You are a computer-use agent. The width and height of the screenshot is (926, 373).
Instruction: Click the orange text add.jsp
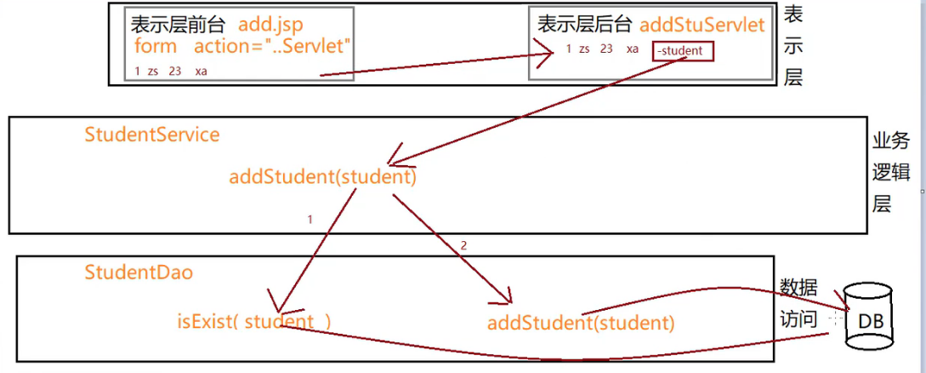click(270, 26)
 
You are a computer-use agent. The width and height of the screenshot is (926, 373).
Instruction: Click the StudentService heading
click(152, 135)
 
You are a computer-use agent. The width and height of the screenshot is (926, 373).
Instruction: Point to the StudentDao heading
click(139, 273)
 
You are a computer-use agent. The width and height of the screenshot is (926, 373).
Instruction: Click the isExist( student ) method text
click(254, 322)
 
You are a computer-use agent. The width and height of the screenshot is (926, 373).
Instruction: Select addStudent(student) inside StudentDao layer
click(581, 324)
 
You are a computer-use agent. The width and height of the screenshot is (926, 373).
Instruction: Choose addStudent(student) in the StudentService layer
click(323, 177)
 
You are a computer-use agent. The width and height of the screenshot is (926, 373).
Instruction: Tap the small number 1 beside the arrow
click(310, 220)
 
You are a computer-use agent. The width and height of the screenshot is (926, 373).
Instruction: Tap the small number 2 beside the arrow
click(463, 245)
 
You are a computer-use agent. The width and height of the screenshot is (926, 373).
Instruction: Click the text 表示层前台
click(179, 26)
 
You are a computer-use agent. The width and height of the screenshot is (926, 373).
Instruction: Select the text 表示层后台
click(585, 26)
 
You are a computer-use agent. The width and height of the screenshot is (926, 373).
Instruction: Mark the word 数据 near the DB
click(798, 286)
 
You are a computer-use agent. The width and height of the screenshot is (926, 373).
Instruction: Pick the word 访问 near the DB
click(798, 319)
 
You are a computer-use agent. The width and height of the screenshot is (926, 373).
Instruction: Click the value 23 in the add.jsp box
click(175, 72)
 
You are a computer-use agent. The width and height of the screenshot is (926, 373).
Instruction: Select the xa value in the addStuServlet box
click(633, 49)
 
